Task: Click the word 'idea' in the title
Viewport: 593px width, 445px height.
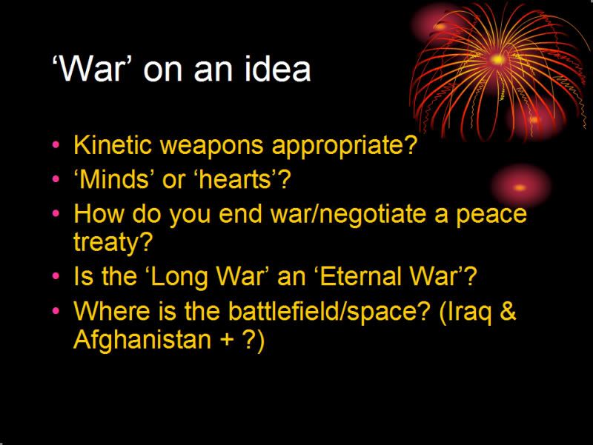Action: click(277, 68)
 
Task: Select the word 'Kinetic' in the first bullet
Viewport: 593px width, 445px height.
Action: click(113, 144)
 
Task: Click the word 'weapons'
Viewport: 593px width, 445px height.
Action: click(212, 145)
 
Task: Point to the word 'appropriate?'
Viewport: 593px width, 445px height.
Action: click(345, 145)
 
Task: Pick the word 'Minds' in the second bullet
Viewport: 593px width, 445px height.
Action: click(114, 178)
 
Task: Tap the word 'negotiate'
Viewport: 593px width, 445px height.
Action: click(374, 214)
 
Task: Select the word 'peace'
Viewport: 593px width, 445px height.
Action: click(491, 214)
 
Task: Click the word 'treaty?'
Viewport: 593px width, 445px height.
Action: click(113, 242)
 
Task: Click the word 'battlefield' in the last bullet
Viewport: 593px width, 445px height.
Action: click(285, 311)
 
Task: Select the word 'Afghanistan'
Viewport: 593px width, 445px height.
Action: click(142, 339)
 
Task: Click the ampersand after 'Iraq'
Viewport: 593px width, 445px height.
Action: click(508, 311)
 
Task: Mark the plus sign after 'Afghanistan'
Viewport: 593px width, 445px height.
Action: click(227, 340)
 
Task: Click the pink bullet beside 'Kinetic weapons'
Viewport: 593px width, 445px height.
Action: click(56, 144)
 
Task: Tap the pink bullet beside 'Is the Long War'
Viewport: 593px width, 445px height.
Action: click(56, 275)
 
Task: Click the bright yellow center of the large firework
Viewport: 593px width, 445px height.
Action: click(497, 60)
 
